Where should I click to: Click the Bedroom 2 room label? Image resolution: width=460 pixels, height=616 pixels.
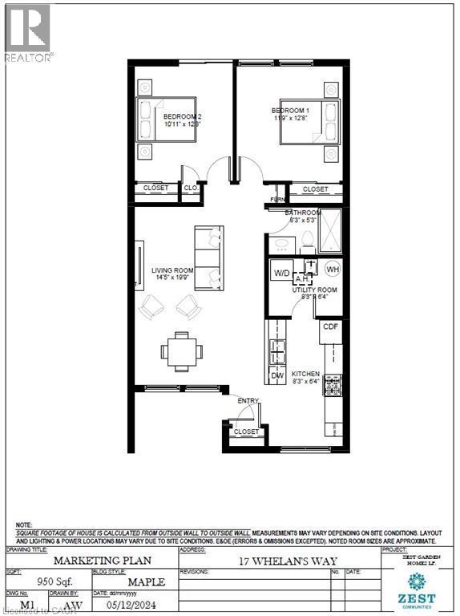click(x=180, y=116)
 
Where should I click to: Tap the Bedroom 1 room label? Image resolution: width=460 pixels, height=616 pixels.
click(x=287, y=110)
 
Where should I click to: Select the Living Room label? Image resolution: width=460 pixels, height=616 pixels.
click(x=167, y=271)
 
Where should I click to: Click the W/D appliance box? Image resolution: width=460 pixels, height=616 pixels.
click(x=281, y=271)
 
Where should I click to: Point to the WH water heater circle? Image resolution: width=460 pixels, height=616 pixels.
click(x=333, y=269)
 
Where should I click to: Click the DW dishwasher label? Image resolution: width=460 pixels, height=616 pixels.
click(x=276, y=374)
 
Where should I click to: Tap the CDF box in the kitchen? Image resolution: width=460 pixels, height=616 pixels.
click(x=331, y=326)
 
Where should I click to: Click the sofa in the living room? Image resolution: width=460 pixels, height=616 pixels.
click(x=209, y=258)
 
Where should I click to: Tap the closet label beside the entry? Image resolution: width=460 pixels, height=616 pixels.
click(x=246, y=432)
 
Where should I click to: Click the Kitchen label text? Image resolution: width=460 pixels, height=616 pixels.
click(x=305, y=375)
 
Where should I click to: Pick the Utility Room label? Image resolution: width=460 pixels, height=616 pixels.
click(x=317, y=290)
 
